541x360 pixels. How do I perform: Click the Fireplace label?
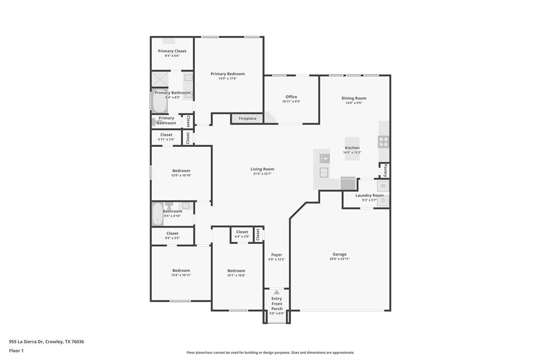(247, 119)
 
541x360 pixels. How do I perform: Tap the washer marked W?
(383, 186)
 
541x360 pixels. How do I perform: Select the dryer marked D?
(384, 201)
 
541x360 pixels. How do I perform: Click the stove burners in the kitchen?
(384, 141)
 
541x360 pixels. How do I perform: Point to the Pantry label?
(385, 170)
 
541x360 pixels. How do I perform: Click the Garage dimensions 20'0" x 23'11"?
(340, 259)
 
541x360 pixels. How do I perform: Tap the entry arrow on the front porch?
(276, 292)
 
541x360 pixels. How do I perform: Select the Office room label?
(291, 97)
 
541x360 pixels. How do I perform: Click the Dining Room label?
(353, 98)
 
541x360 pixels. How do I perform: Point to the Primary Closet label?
(172, 51)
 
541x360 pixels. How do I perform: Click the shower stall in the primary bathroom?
(160, 79)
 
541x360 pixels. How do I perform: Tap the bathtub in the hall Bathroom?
(157, 214)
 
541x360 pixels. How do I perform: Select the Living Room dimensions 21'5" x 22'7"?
(262, 174)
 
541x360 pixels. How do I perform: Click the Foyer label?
(276, 254)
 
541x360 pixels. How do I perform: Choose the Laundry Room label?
(369, 195)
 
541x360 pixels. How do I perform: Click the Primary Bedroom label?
(228, 74)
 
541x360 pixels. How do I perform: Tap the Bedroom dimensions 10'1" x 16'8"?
(236, 275)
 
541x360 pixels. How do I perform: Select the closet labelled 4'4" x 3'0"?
(242, 234)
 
